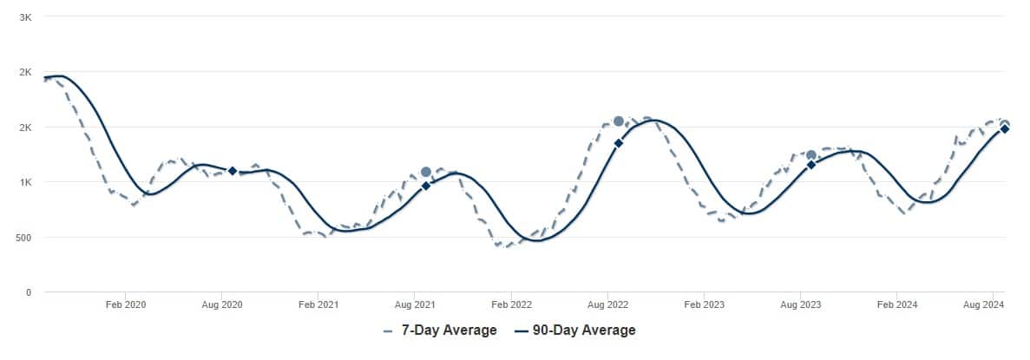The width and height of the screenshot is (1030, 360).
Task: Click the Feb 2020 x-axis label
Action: pos(126,304)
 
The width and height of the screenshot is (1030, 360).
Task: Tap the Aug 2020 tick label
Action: pos(222,304)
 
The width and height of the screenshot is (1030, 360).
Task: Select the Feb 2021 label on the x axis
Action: pos(318,304)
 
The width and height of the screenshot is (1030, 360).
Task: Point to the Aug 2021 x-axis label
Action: pos(415,304)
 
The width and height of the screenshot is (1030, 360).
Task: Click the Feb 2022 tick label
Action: pos(511,304)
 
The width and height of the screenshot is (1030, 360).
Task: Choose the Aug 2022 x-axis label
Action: pos(607,304)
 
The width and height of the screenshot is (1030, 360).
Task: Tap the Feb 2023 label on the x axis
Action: pos(704,304)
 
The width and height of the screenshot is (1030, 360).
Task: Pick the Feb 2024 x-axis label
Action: pos(896,304)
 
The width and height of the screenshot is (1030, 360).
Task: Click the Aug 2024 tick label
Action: pos(984,304)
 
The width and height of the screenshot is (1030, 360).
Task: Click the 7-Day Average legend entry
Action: pos(440,330)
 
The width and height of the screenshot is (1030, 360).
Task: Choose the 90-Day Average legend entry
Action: pos(574,330)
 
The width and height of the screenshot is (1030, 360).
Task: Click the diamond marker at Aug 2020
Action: pos(233,171)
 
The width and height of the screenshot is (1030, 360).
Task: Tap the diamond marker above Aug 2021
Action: pos(426,186)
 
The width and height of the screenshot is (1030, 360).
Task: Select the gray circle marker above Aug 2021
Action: pos(426,173)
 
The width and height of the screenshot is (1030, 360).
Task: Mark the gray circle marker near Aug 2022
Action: pos(619,121)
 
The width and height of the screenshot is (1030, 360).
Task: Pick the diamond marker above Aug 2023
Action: pos(811,164)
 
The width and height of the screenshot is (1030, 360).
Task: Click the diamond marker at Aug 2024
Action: pos(1004,129)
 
